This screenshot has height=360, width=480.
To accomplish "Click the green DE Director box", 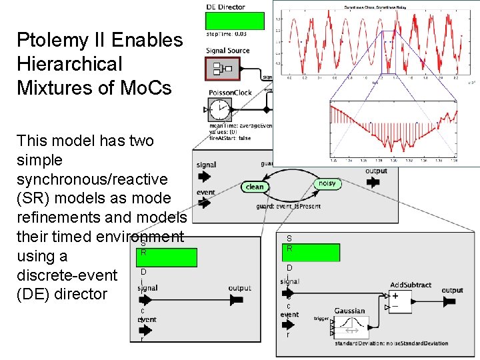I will pos(235,21).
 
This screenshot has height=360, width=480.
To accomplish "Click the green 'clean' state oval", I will pos(255,187).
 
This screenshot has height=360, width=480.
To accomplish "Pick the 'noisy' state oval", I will pos(327,183).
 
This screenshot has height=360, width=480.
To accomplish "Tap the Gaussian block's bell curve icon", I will pos(349,327).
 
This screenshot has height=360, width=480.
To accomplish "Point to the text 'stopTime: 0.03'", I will pos(226,34).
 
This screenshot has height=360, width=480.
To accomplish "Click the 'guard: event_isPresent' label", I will pos(288,207).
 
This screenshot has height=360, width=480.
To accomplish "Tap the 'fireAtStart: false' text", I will pos(230,138).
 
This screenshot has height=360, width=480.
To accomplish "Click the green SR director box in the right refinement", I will pos(311,253).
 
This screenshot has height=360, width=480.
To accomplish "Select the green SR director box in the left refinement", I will pos(167,257).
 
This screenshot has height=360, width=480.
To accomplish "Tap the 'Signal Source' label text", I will pos(228,51).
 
